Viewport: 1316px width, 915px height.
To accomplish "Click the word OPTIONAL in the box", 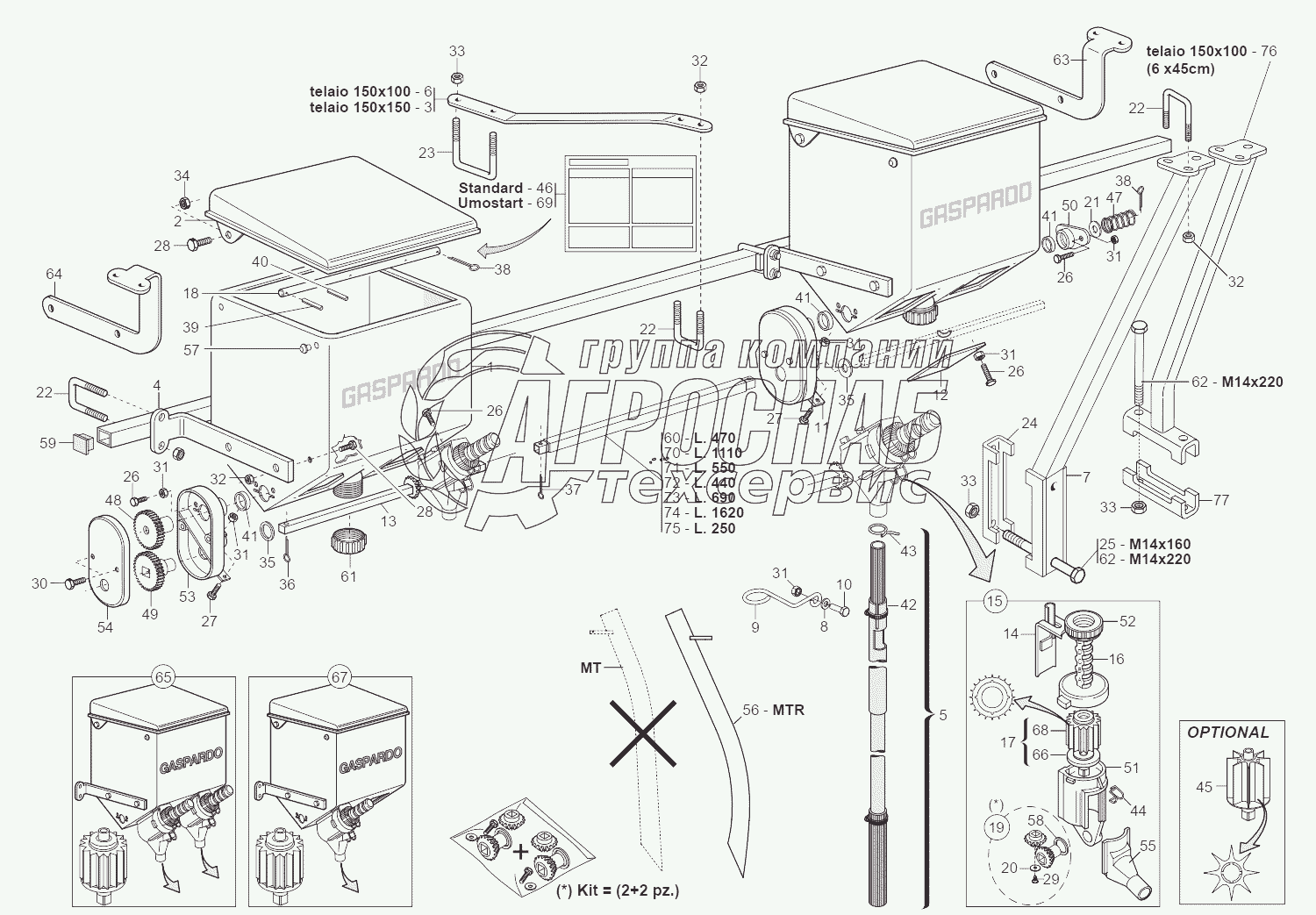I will click(x=1227, y=732).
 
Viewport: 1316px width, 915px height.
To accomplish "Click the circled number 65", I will click(x=163, y=676).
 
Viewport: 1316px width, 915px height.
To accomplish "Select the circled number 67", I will click(x=340, y=676).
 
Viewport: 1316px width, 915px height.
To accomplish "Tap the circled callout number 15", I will click(x=994, y=601).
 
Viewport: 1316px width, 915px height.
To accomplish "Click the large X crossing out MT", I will click(x=642, y=733).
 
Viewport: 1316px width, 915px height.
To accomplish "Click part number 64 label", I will click(x=54, y=274).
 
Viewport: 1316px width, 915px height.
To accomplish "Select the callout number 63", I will click(x=1062, y=60).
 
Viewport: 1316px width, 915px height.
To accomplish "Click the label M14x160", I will click(x=1160, y=543).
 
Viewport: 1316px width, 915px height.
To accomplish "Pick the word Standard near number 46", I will click(x=490, y=188).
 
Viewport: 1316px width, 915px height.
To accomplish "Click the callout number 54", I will click(x=104, y=627).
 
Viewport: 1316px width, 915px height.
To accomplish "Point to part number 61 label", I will click(x=348, y=576).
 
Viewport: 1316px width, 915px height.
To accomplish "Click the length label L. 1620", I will click(x=717, y=512).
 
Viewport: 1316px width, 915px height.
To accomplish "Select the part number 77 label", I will click(x=1220, y=500).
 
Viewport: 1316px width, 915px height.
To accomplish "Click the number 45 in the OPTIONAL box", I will click(x=1204, y=787).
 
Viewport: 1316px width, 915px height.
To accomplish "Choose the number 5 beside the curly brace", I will click(x=943, y=715).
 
